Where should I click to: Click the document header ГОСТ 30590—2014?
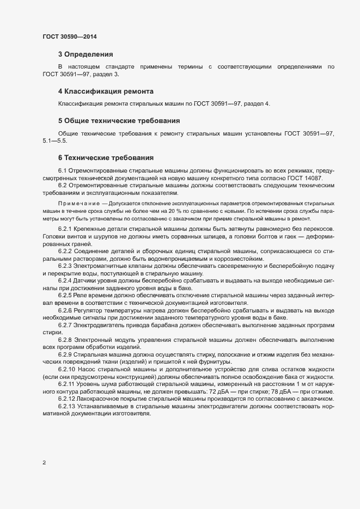click(70, 37)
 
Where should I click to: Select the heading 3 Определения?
click(86, 54)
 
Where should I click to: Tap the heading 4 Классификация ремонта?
click(106, 91)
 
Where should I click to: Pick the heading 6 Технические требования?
click(106, 158)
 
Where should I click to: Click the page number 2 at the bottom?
click(44, 463)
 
